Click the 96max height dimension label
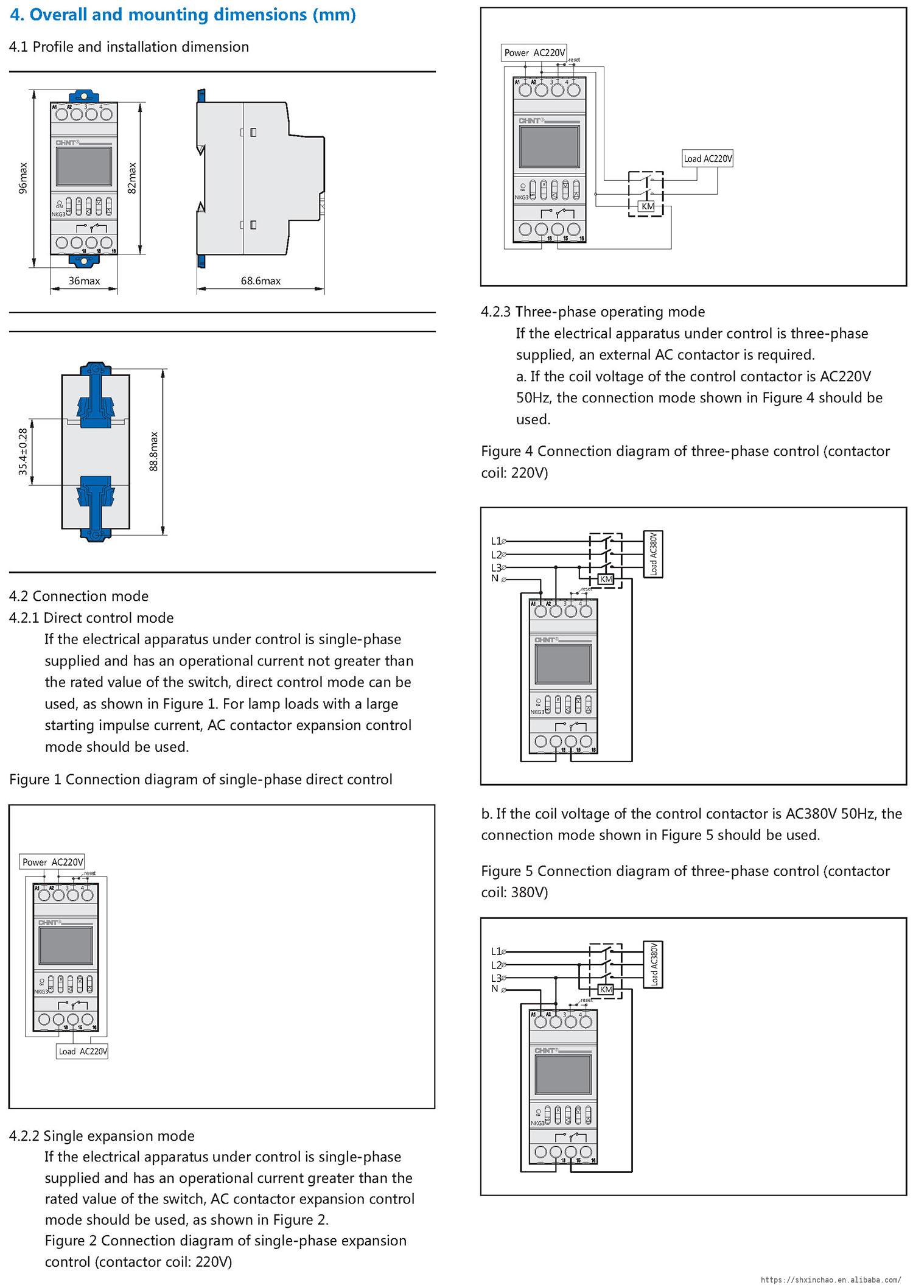[x=23, y=178]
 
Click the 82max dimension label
[x=132, y=178]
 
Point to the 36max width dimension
[x=84, y=281]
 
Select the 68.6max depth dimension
[x=261, y=281]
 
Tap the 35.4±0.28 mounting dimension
[x=23, y=451]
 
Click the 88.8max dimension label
[x=154, y=451]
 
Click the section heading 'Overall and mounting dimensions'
[x=183, y=15]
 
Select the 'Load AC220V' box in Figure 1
[x=83, y=1051]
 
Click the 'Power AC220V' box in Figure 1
[x=53, y=862]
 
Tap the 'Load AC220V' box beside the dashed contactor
[x=708, y=159]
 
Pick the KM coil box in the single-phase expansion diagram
[x=648, y=206]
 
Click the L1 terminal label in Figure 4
[x=496, y=541]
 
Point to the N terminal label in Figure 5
[x=495, y=989]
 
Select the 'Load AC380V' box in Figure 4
[x=654, y=555]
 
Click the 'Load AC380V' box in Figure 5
[x=654, y=965]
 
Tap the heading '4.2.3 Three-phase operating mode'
[x=593, y=312]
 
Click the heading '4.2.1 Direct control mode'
[x=91, y=618]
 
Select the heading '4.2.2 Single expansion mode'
[x=102, y=1136]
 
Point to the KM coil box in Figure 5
[x=606, y=990]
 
